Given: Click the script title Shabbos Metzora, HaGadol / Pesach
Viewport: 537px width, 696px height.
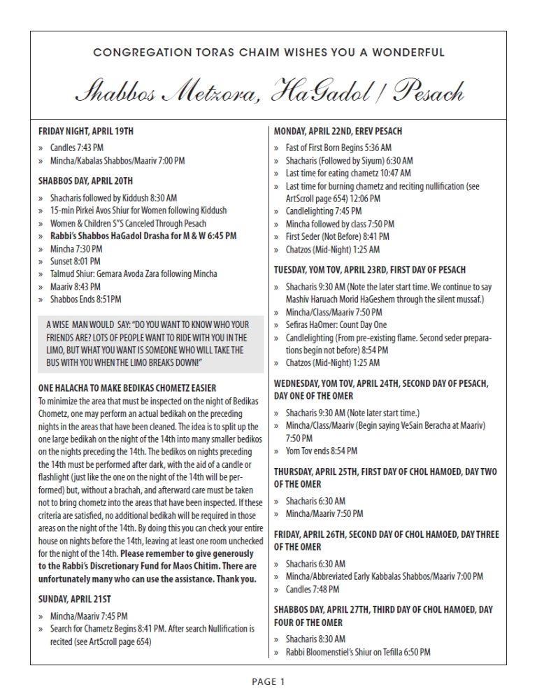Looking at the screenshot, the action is [x=269, y=92].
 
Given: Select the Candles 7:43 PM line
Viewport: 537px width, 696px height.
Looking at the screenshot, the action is [x=77, y=149].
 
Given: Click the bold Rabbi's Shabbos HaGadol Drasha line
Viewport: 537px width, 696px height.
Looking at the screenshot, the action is [x=143, y=236].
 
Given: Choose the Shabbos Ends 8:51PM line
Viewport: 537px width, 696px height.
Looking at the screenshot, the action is [x=85, y=299].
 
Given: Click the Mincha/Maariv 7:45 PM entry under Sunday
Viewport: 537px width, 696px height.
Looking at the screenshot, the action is [x=88, y=616].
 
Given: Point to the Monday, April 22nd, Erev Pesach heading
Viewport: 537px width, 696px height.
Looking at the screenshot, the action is [x=338, y=132].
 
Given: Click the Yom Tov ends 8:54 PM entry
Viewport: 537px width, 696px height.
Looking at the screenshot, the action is [x=322, y=450].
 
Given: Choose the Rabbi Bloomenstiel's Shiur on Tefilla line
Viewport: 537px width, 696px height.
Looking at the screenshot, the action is [x=358, y=651].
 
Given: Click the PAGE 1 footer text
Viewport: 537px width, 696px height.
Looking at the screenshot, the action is [x=268, y=680].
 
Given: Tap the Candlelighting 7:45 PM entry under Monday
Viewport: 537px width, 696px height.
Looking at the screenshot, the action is [x=324, y=211].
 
